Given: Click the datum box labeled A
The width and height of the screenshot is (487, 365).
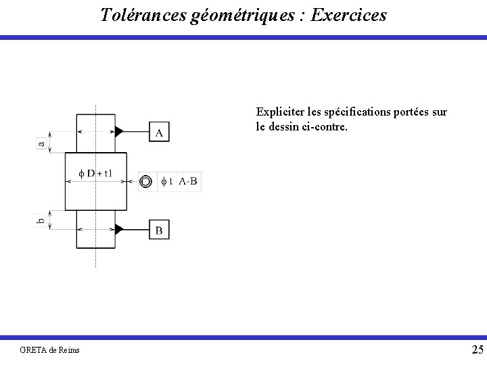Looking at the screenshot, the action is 159,132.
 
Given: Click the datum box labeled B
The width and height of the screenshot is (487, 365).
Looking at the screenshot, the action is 159,230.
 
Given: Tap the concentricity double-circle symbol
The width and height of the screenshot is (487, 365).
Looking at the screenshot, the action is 146,182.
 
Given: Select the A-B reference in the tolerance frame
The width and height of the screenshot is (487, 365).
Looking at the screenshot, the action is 189,182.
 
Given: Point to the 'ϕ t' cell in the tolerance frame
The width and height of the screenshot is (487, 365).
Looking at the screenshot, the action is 166,182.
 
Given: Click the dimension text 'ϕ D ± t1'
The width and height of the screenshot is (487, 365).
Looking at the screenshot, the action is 95,173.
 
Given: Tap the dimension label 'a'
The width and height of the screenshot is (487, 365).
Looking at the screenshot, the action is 41,142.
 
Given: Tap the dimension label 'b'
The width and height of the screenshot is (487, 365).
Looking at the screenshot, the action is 41,220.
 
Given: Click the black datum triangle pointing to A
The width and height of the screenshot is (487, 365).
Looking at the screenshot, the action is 119,132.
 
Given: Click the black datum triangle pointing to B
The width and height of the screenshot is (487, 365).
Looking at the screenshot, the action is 119,230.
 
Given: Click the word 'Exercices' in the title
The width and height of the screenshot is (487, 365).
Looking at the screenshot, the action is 350,15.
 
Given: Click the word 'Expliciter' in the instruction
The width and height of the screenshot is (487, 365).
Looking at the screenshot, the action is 277,112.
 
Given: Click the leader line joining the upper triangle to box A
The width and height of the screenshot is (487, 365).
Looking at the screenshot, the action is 136,132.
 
